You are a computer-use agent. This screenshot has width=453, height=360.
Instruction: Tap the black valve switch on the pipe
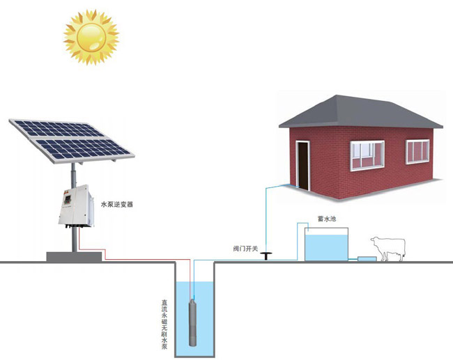[266, 256]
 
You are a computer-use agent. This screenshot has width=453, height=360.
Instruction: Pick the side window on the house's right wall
[417, 151]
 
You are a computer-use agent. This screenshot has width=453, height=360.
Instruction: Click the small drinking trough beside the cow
[366, 259]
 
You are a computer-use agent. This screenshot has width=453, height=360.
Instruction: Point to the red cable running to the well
[132, 250]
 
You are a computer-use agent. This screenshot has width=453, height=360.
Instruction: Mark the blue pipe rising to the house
[266, 216]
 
